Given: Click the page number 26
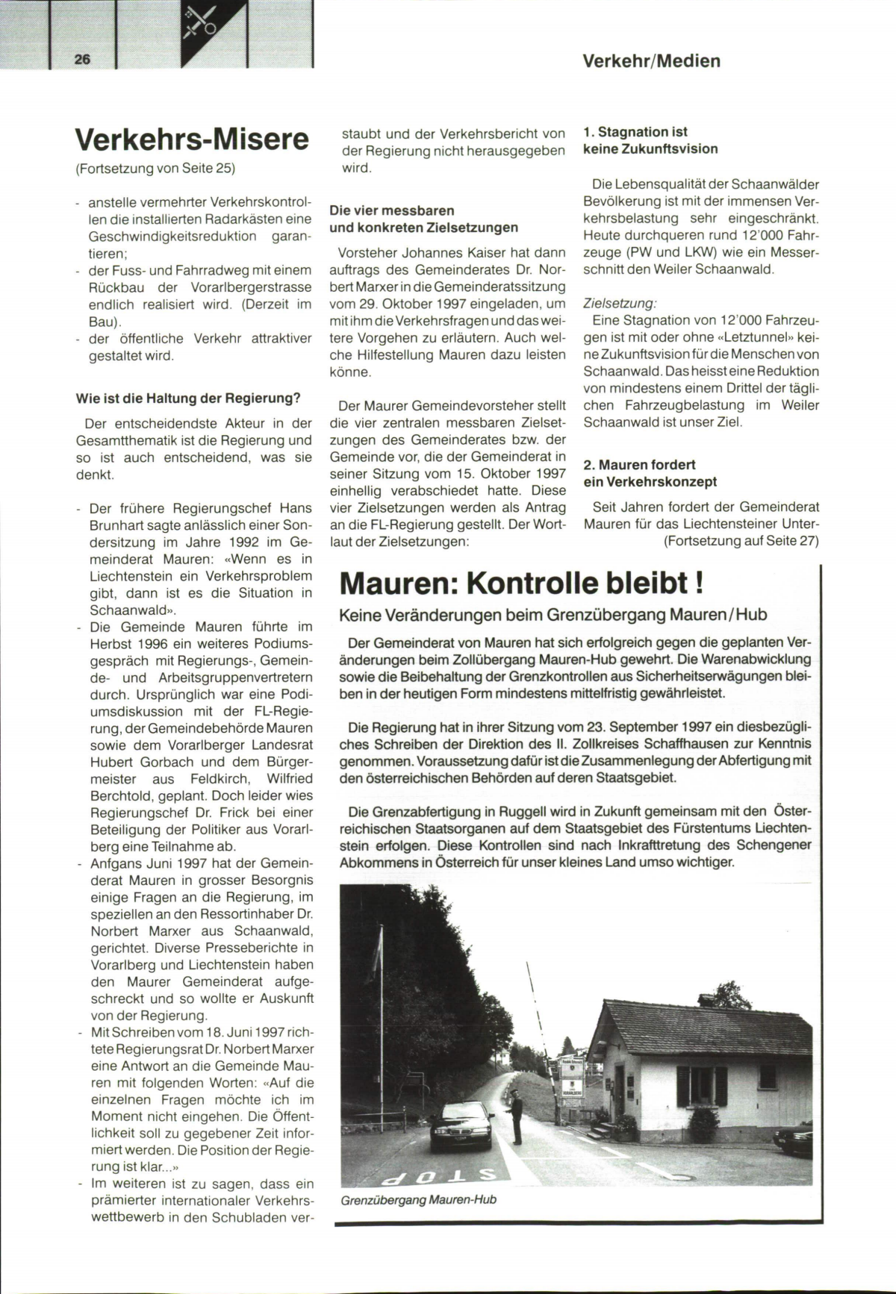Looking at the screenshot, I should [82, 60].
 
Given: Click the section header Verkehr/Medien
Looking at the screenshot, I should [651, 61].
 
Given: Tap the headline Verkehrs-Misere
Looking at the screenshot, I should [192, 140].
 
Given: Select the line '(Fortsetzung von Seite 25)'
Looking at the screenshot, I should [155, 168].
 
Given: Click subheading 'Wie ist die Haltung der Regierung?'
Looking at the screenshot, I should [188, 398].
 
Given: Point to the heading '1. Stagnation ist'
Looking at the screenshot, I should [635, 132].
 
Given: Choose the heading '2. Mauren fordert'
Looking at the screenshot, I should [639, 465].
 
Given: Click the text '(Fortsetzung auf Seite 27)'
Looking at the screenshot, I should [741, 541].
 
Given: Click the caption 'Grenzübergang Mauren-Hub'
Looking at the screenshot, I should [418, 1200].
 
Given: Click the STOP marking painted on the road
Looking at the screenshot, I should [439, 1177].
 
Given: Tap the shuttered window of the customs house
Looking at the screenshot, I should [701, 1086].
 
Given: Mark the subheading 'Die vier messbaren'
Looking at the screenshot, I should [392, 210].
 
